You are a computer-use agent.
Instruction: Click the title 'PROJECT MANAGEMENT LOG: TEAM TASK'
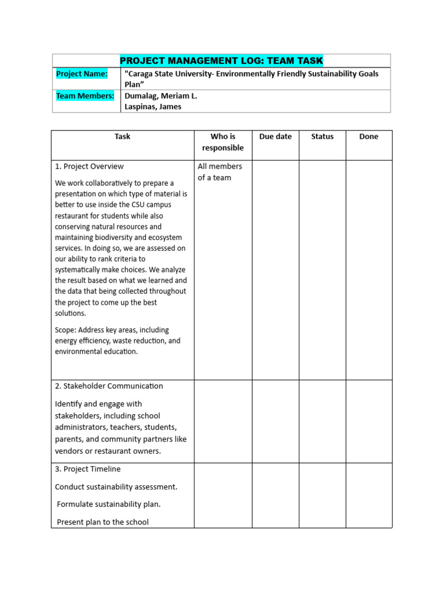pos(221,61)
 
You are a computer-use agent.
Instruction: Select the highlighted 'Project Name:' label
pos(82,74)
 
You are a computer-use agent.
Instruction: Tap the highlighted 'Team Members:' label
pos(85,96)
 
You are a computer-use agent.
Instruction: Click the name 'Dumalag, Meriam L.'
pos(161,96)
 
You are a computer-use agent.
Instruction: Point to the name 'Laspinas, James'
pos(153,106)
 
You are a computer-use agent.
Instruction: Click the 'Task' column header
pos(122,137)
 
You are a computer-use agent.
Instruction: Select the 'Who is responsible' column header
pos(223,142)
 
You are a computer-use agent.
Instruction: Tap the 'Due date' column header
pos(276,137)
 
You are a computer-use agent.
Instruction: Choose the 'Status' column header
pos(322,137)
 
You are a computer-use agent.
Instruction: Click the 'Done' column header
pos(369,137)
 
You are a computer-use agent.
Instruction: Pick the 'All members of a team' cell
pos(220,172)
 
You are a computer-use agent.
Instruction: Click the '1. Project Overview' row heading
pos(89,166)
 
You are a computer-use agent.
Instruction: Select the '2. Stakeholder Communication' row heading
pos(109,386)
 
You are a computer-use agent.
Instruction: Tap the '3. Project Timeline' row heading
pos(88,469)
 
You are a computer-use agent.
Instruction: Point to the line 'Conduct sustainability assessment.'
pos(116,487)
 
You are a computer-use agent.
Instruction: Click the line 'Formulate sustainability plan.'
pos(108,504)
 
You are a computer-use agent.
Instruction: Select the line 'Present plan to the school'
pos(103,522)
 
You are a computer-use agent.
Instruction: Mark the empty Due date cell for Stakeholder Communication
pos(276,421)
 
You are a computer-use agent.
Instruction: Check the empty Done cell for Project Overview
pos(369,270)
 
